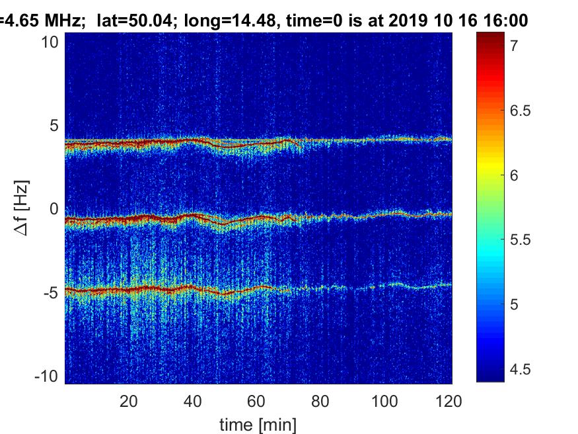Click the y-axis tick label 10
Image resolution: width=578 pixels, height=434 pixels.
[50, 42]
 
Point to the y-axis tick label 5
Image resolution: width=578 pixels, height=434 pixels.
[54, 126]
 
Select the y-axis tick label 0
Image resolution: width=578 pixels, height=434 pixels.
[54, 209]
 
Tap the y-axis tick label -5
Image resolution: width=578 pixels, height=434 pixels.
[51, 293]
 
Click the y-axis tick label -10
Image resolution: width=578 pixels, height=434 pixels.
[46, 376]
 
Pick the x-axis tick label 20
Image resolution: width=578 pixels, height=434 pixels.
[129, 401]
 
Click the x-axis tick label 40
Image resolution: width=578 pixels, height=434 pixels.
[192, 401]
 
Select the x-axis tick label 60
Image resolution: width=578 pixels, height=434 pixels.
[256, 401]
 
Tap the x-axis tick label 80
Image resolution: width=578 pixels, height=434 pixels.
[320, 401]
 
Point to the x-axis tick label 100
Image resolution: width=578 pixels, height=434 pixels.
[384, 401]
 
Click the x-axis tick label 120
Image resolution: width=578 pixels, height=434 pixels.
[449, 401]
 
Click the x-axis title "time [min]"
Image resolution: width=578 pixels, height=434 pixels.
[258, 425]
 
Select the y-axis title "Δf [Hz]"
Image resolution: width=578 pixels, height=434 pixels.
[21, 208]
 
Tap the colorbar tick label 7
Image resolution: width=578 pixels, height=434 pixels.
[515, 46]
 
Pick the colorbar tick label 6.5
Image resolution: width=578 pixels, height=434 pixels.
[520, 110]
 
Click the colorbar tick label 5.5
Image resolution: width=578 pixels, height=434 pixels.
[520, 240]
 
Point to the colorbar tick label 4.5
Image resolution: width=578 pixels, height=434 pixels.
[520, 369]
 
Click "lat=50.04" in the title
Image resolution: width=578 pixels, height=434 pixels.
[135, 21]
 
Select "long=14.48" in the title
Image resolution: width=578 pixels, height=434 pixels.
[230, 21]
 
